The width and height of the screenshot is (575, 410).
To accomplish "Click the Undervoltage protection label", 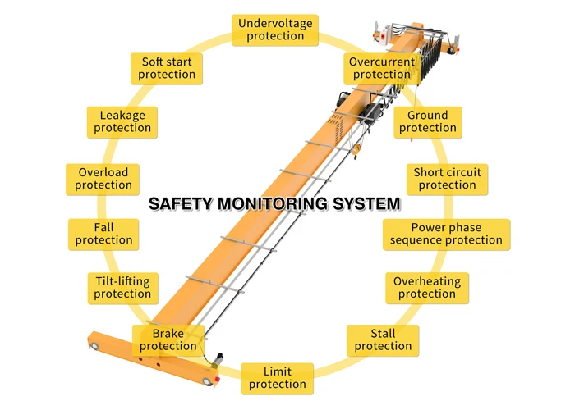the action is click(x=276, y=30).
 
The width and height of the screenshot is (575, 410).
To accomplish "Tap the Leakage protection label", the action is click(x=122, y=121).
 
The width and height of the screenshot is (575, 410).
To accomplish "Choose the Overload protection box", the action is click(x=103, y=179).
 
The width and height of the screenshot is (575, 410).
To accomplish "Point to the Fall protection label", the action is click(x=103, y=234).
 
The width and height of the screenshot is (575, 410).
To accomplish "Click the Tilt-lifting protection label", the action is click(x=122, y=287).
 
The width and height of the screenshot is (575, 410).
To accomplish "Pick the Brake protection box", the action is click(x=168, y=339).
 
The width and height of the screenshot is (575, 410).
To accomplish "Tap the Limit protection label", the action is click(x=278, y=378).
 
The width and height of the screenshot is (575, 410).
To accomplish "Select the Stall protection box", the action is click(x=383, y=339).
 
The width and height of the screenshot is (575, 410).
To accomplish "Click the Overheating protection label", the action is click(x=427, y=287).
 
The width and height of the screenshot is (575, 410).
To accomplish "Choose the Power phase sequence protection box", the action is click(x=446, y=234).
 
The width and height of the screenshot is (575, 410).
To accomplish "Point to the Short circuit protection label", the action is click(x=447, y=179).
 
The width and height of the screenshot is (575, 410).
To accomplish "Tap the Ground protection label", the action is click(x=428, y=121).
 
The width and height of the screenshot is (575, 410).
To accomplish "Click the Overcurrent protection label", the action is click(x=382, y=68).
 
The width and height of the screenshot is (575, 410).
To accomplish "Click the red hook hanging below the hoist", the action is click(x=408, y=134).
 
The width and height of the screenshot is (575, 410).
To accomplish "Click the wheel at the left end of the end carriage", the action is click(x=98, y=348).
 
